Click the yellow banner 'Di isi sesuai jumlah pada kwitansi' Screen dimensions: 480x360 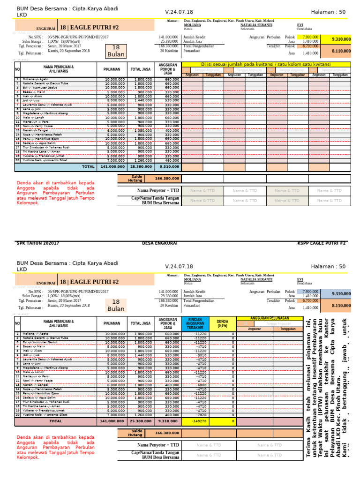coord(265,64)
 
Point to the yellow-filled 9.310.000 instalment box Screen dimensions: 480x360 coord(341,39)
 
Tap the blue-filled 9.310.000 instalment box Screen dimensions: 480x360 coord(341,294)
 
